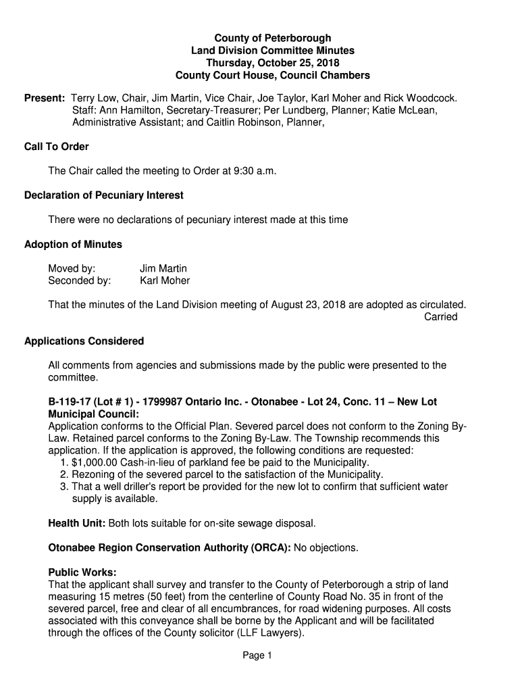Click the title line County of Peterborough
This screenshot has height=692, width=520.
coord(272,38)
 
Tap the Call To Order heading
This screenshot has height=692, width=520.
coord(57,147)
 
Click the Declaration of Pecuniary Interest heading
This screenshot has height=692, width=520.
coord(104,195)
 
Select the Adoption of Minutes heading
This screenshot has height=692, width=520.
coord(73,244)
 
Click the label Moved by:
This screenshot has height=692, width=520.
coord(72,268)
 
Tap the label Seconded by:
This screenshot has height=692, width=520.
coord(80,280)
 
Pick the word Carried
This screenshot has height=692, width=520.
coord(440,317)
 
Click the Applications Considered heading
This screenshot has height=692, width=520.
coord(84,341)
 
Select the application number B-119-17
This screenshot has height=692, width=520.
coord(70,402)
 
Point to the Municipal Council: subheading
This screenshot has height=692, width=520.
coord(94,414)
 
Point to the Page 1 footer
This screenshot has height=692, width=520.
coord(259,656)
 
